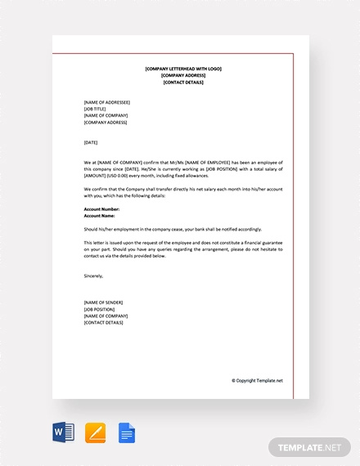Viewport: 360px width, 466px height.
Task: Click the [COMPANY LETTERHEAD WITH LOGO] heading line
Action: click(183, 69)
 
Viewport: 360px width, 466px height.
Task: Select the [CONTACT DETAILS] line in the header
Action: click(183, 83)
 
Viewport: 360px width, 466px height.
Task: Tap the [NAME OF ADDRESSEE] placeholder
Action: click(107, 102)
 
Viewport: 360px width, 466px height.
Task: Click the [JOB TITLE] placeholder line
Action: click(95, 109)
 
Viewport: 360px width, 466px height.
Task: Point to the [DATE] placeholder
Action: click(91, 142)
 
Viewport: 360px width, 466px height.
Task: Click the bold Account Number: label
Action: click(101, 208)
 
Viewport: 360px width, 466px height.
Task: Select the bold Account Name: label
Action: click(100, 215)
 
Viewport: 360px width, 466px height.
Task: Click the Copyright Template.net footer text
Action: click(257, 380)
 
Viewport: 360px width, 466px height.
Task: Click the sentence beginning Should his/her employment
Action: click(179, 229)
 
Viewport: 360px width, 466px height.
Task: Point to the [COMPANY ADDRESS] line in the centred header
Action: click(183, 75)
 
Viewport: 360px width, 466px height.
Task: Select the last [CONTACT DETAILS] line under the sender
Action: click(104, 322)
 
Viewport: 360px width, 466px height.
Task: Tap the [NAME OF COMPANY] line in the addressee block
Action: click(105, 115)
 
